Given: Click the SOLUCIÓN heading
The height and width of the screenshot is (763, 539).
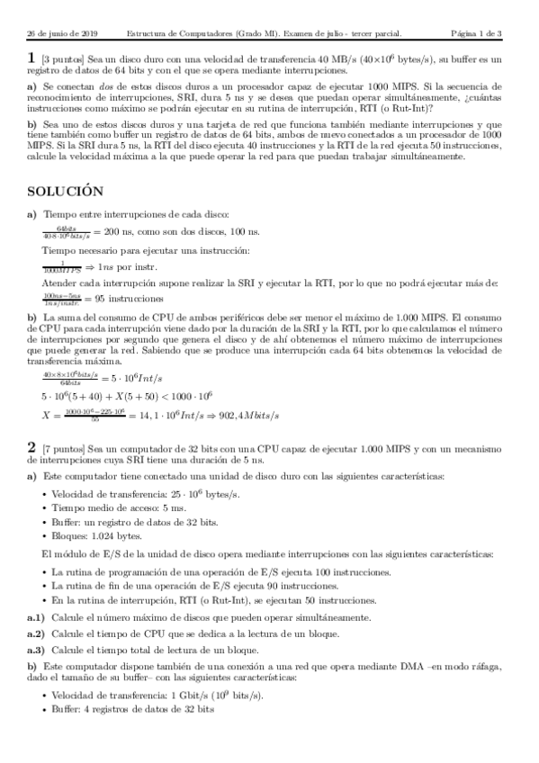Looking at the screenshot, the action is pos(66,192).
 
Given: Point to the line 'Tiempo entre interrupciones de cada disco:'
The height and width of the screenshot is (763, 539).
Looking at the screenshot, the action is pos(136,215).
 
